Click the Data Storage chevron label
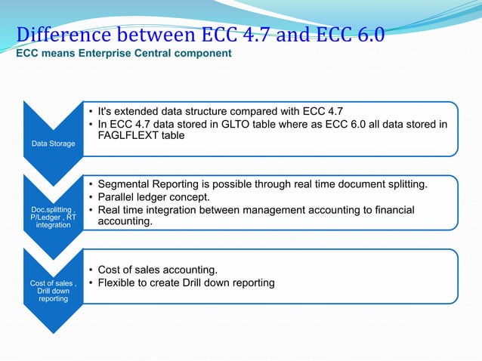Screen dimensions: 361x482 point(53,143)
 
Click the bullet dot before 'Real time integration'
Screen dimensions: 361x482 point(91,210)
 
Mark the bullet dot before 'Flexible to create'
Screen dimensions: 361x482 point(91,283)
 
